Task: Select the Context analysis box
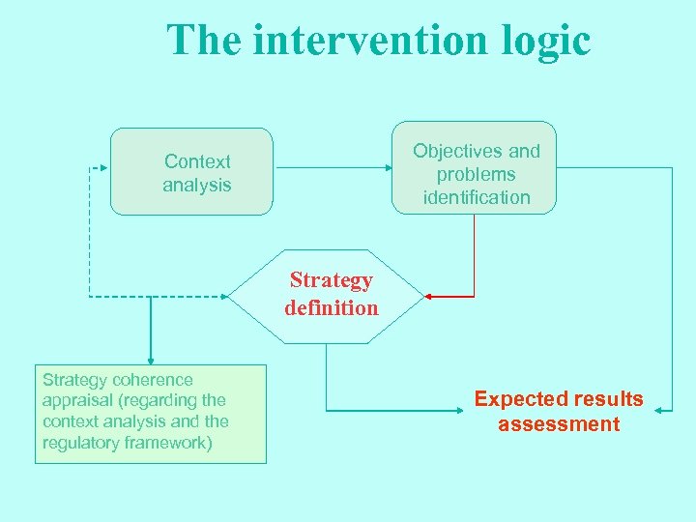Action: (191, 172)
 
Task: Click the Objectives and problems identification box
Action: (474, 168)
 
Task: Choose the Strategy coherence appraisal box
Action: (150, 414)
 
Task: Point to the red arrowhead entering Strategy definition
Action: (430, 296)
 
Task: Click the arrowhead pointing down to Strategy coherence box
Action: (151, 360)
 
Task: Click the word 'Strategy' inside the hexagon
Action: (332, 280)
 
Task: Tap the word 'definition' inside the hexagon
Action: (332, 308)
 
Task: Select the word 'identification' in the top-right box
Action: (477, 197)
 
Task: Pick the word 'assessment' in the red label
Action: (559, 424)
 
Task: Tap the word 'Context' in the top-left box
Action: (197, 161)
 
